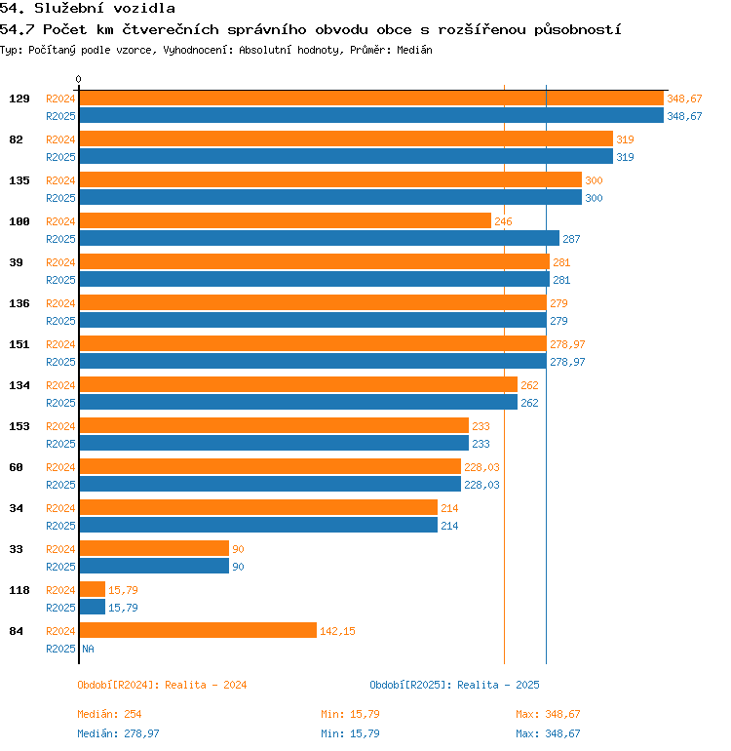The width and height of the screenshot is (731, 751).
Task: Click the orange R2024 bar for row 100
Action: click(x=285, y=221)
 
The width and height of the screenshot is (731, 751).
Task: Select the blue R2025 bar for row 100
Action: click(x=319, y=239)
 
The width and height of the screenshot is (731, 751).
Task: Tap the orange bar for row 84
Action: click(x=198, y=631)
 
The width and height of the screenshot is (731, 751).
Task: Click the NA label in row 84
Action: click(x=88, y=649)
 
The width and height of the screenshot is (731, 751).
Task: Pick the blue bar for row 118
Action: click(x=92, y=608)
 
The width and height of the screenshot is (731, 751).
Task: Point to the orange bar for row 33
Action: click(x=154, y=549)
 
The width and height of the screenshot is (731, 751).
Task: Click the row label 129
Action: click(x=19, y=99)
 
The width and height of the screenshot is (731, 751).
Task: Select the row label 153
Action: click(x=19, y=426)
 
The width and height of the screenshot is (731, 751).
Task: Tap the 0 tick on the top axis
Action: click(x=79, y=79)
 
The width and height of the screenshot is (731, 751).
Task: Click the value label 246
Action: click(x=503, y=221)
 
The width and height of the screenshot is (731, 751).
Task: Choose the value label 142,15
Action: click(x=337, y=631)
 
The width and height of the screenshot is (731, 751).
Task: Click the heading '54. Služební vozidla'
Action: click(x=88, y=9)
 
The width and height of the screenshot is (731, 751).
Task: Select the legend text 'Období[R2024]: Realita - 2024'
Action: click(x=162, y=685)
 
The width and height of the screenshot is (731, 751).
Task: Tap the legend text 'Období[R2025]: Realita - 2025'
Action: click(x=454, y=685)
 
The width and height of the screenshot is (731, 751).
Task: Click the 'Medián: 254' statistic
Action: click(x=110, y=714)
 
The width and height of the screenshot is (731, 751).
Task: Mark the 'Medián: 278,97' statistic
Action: click(x=119, y=733)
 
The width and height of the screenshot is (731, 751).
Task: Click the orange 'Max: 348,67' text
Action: click(x=548, y=714)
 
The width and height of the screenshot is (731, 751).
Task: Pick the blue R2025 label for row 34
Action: click(x=60, y=526)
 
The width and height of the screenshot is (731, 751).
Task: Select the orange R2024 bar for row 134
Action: click(x=297, y=385)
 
